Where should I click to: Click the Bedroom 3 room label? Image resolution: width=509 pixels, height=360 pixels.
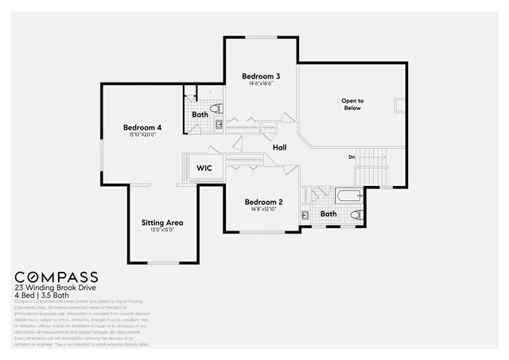pyautogui.click(x=261, y=76)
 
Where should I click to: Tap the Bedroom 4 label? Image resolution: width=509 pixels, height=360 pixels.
pyautogui.click(x=142, y=127)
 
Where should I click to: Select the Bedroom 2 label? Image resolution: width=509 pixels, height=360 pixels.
pyautogui.click(x=263, y=202)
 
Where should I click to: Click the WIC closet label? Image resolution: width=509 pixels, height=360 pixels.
pyautogui.click(x=204, y=168)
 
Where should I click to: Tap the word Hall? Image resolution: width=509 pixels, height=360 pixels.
pyautogui.click(x=279, y=148)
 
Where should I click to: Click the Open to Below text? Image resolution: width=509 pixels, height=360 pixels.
pyautogui.click(x=352, y=104)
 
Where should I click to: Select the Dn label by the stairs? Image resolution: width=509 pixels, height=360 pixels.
pyautogui.click(x=352, y=157)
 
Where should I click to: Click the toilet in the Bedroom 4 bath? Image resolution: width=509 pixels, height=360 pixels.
pyautogui.click(x=215, y=109)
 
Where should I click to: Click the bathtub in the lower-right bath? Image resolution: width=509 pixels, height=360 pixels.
pyautogui.click(x=348, y=194)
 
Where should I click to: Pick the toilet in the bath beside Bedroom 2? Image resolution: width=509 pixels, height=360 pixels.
pyautogui.click(x=356, y=215)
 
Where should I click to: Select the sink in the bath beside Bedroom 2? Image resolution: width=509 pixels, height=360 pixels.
pyautogui.click(x=305, y=215)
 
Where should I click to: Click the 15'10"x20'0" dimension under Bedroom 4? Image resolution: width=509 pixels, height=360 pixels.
pyautogui.click(x=142, y=135)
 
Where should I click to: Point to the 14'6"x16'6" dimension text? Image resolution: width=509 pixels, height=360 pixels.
pyautogui.click(x=261, y=83)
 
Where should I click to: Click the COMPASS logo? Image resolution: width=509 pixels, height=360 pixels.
pyautogui.click(x=56, y=276)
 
